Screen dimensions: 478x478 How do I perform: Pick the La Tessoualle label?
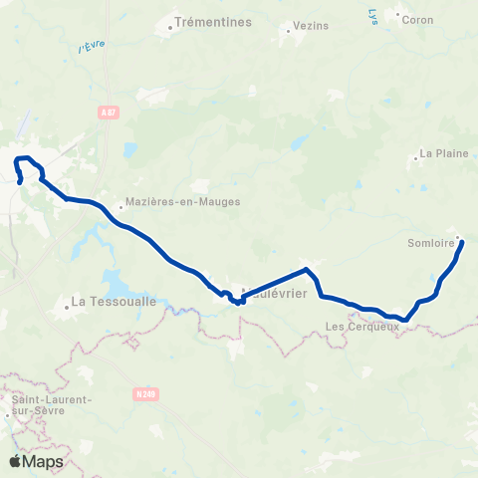tap(106, 300)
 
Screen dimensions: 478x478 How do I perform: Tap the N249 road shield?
tap(142, 393)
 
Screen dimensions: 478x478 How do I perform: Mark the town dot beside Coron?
tap(398, 15)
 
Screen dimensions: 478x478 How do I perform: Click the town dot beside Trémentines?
tap(171, 27)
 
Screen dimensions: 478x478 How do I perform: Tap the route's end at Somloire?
tap(461, 240)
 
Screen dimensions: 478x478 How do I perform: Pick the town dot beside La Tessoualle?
tap(67, 307)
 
